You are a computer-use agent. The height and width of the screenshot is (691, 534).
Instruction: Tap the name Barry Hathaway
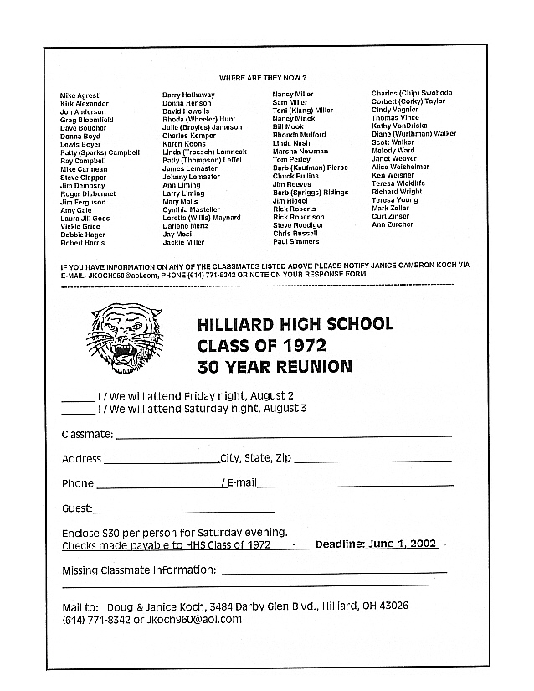coord(187,95)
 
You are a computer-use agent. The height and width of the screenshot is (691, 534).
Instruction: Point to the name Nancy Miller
coord(293,95)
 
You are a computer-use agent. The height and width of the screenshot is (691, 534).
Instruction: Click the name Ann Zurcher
coord(392,224)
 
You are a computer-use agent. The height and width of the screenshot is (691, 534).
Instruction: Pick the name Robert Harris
coord(83,243)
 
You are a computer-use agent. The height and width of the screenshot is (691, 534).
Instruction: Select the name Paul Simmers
coord(295,242)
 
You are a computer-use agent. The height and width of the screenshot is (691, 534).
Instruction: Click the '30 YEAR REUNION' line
coord(275,366)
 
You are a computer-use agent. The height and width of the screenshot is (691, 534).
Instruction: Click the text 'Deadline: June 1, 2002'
coord(376,544)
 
